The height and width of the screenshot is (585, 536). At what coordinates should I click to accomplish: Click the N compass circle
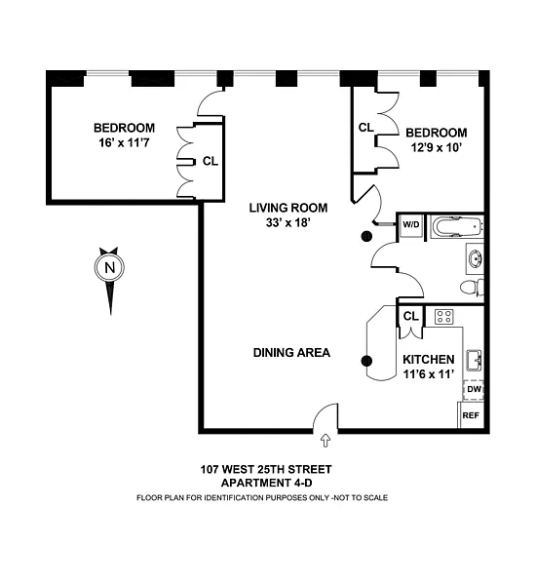tap(109, 267)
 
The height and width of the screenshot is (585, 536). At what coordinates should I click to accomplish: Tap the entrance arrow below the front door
tap(325, 441)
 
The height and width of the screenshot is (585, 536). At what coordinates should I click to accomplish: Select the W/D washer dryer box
tap(411, 225)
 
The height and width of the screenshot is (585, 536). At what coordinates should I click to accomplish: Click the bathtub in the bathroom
tap(456, 226)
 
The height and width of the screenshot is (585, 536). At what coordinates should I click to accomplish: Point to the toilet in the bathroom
tap(472, 288)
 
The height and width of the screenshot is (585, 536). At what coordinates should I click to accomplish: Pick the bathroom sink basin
tap(476, 258)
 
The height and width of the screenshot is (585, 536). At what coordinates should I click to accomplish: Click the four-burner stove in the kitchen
tap(443, 317)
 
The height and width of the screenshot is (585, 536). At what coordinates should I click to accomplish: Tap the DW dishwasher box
tap(474, 390)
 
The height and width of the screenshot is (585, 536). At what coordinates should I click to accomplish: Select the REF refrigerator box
tap(471, 415)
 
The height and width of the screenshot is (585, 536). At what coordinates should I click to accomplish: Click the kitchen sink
tap(474, 361)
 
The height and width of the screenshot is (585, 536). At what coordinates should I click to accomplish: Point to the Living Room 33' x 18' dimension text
tap(288, 222)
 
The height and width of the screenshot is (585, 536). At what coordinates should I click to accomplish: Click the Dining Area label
tap(291, 353)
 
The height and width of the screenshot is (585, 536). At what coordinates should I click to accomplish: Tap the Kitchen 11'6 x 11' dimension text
tap(429, 374)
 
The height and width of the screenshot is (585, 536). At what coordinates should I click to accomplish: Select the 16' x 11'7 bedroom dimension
tap(124, 142)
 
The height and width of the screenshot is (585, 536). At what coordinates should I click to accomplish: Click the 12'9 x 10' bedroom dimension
tap(437, 148)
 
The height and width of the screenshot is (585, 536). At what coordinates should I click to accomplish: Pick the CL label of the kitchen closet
tap(411, 316)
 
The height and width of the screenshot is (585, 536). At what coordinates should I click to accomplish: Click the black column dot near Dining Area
tap(367, 361)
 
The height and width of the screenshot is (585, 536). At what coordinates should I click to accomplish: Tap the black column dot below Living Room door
tap(367, 236)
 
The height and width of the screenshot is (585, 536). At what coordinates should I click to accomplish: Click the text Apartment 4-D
tap(266, 483)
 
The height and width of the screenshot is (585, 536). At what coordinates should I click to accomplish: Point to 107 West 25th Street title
tap(266, 469)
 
